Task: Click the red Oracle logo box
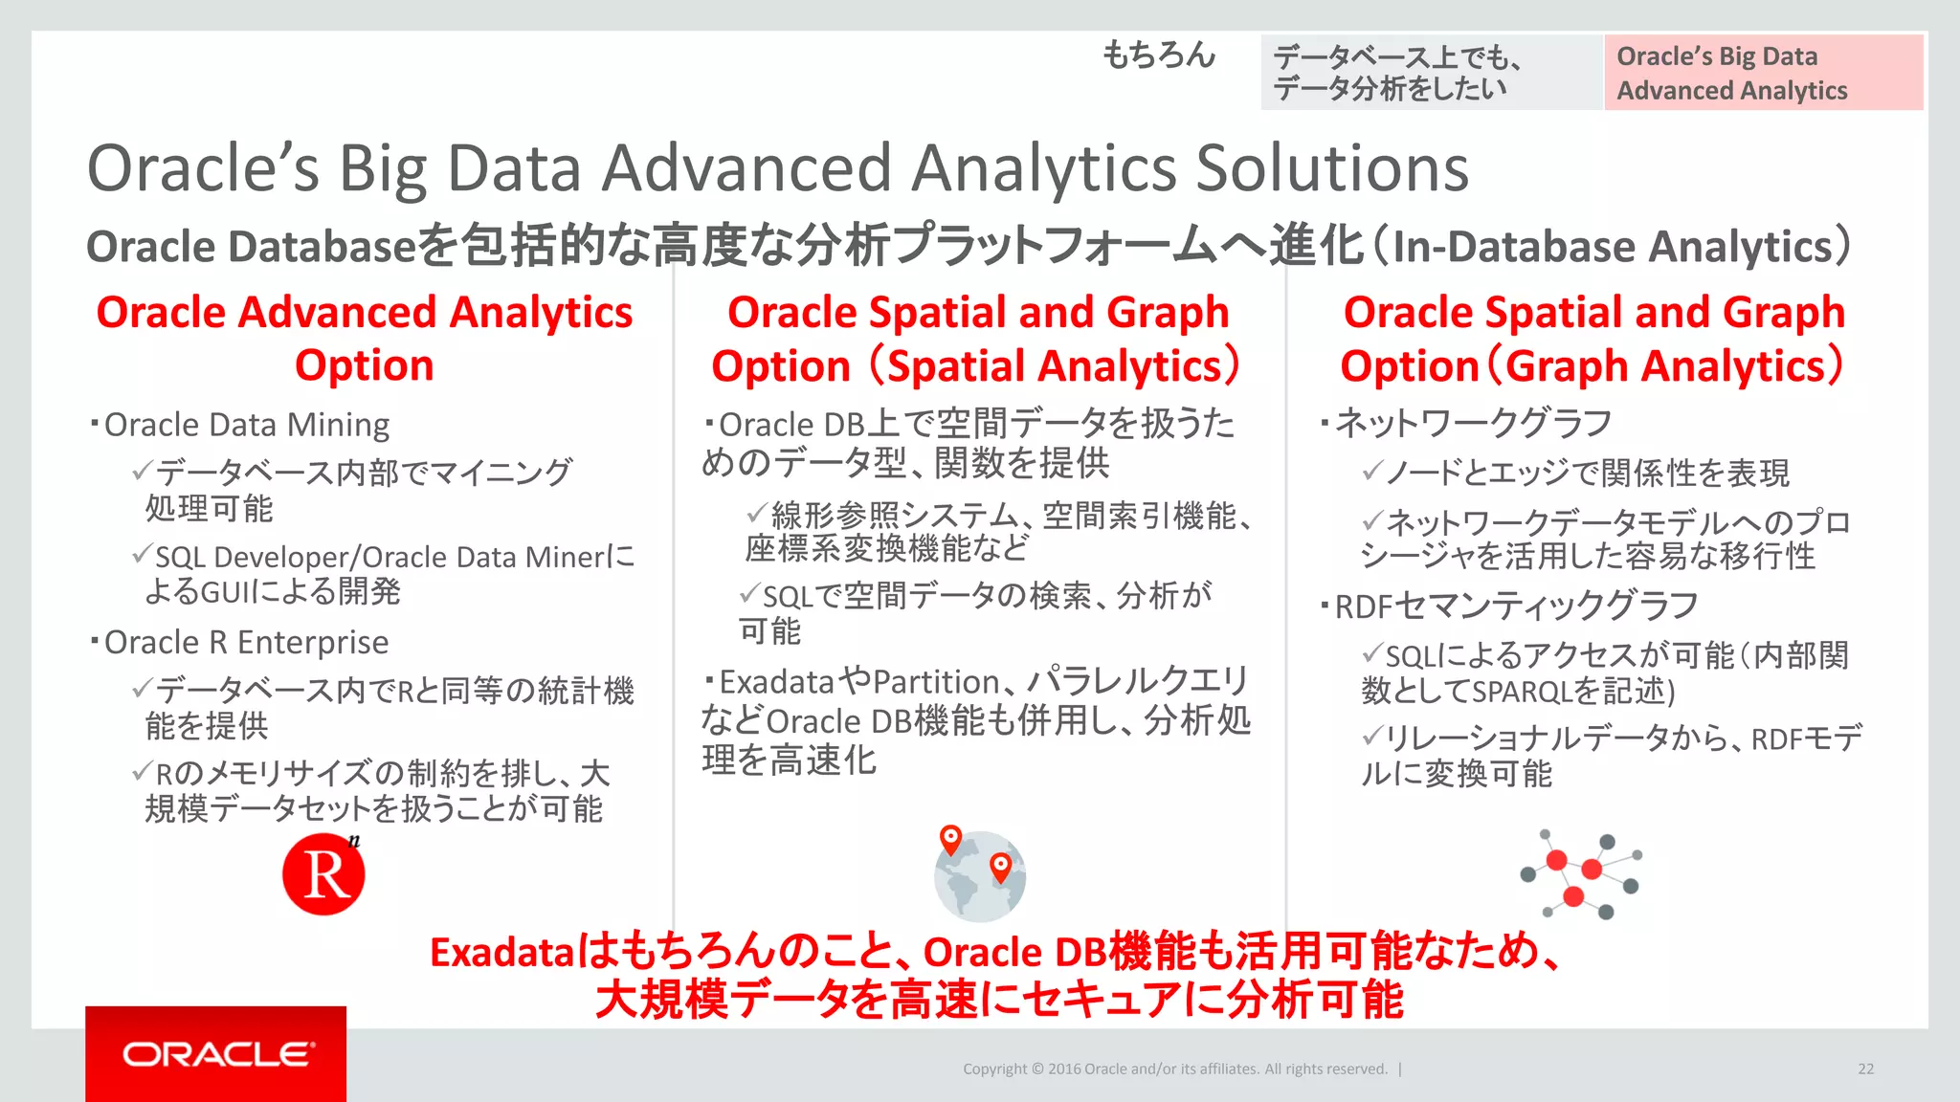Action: [x=215, y=1053]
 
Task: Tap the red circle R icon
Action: [x=323, y=874]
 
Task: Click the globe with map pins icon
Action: [x=979, y=874]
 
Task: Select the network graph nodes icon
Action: [x=1580, y=874]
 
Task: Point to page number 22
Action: [x=1865, y=1069]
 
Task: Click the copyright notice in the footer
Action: [x=1174, y=1069]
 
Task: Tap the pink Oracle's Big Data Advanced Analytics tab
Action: [x=1763, y=73]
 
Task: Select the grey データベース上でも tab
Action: [x=1431, y=73]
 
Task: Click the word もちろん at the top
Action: [x=1158, y=55]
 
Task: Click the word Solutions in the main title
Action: [x=1332, y=169]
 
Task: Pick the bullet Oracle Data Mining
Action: [x=246, y=425]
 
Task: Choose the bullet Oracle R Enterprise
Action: [x=246, y=642]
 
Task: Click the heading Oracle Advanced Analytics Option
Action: [x=364, y=339]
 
